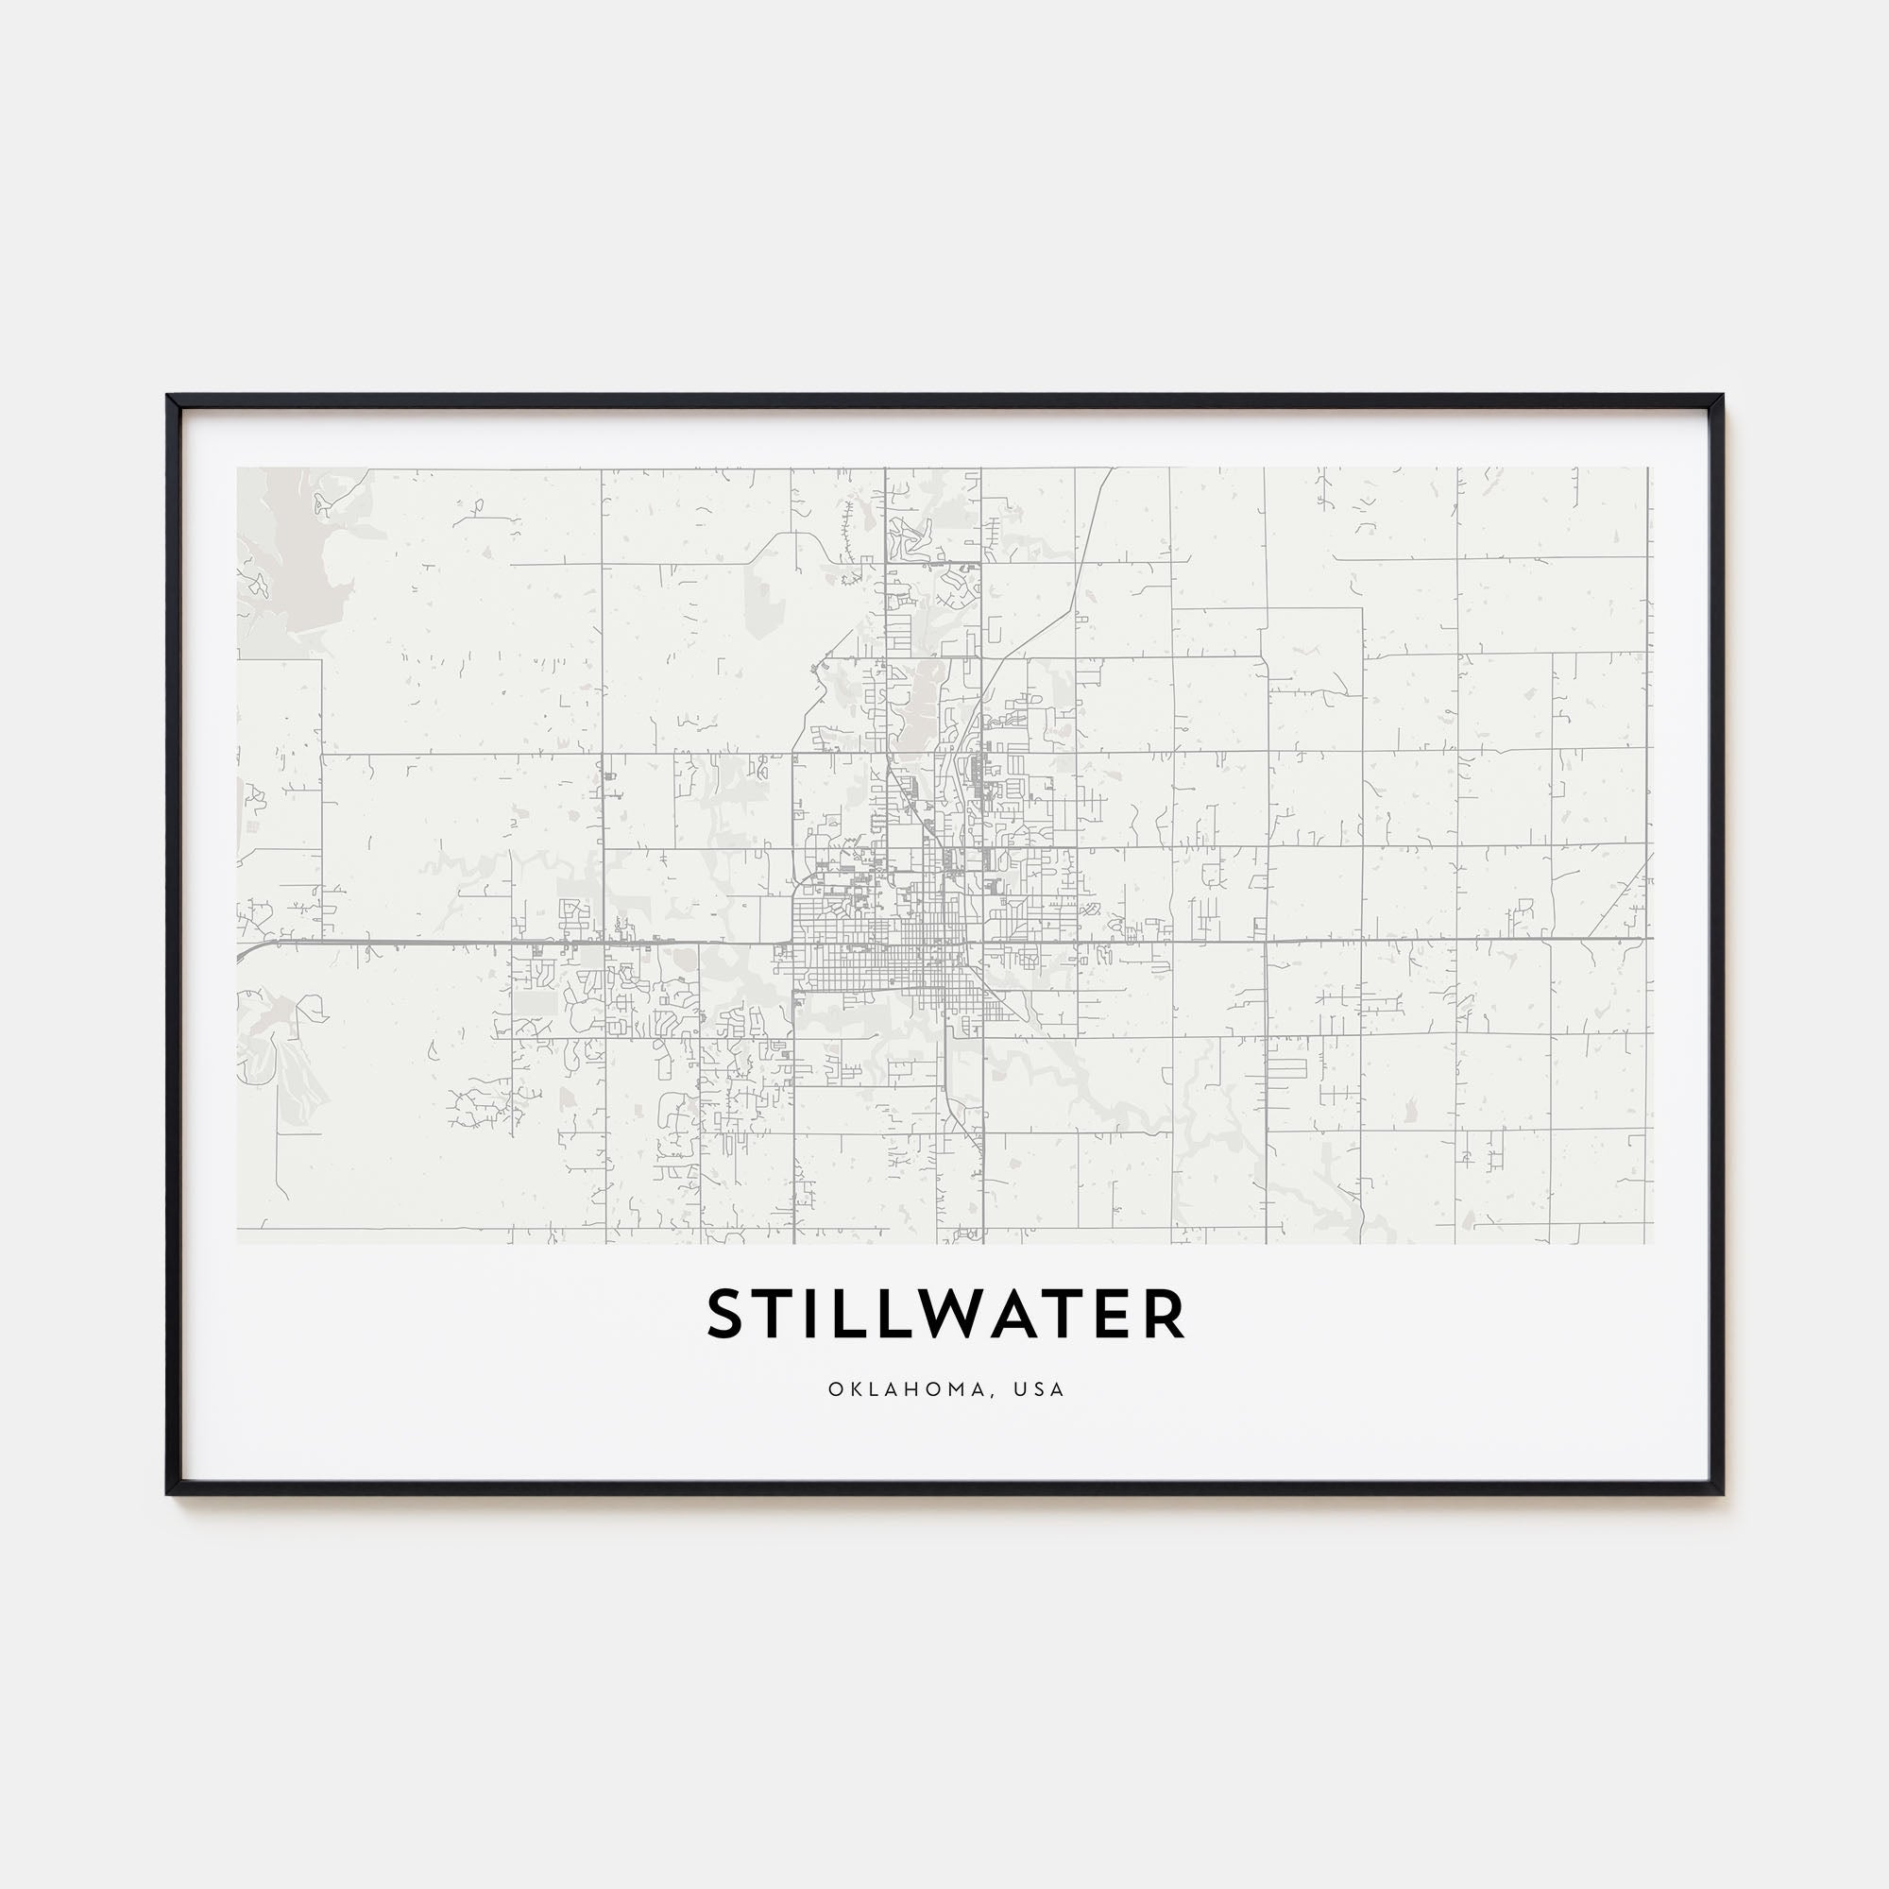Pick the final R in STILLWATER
coord(1163,1315)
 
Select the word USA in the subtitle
coord(1038,1389)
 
